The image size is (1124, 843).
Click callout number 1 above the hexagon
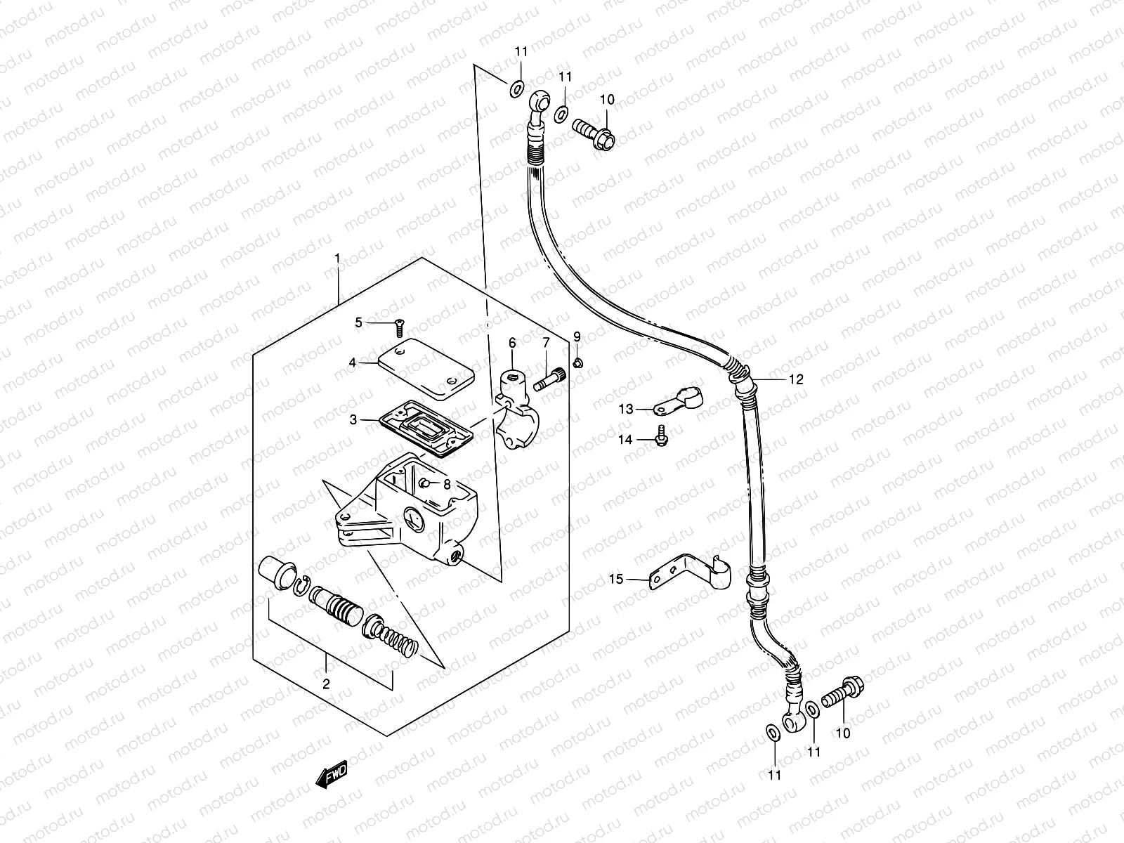pyautogui.click(x=337, y=259)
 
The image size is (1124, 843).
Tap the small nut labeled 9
pyautogui.click(x=577, y=363)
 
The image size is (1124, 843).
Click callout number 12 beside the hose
pyautogui.click(x=795, y=379)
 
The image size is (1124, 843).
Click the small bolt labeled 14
pyautogui.click(x=661, y=436)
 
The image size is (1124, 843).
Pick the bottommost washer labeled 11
pyautogui.click(x=771, y=734)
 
